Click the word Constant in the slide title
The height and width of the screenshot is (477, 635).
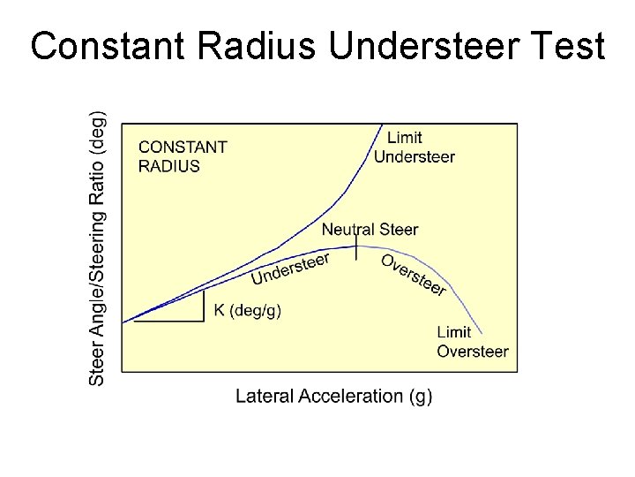tap(105, 46)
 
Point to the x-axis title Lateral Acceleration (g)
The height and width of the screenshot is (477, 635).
tap(333, 396)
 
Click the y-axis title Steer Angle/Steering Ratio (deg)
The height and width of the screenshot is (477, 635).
tap(98, 247)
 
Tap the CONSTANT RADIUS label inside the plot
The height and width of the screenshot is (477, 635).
tap(183, 156)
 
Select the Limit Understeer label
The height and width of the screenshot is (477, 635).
tap(414, 148)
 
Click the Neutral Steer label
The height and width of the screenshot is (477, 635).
tap(370, 230)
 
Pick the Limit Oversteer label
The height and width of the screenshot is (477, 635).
tap(472, 342)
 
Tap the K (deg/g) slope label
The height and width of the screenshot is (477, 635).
tap(248, 310)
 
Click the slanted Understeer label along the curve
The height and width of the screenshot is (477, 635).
tap(290, 269)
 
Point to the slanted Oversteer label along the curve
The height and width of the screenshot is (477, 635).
tap(414, 275)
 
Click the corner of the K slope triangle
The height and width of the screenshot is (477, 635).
tap(205, 321)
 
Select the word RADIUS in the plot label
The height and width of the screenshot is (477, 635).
tap(169, 166)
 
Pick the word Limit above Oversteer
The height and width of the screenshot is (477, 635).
tap(454, 332)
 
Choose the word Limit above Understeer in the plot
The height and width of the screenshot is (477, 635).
tap(405, 138)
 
